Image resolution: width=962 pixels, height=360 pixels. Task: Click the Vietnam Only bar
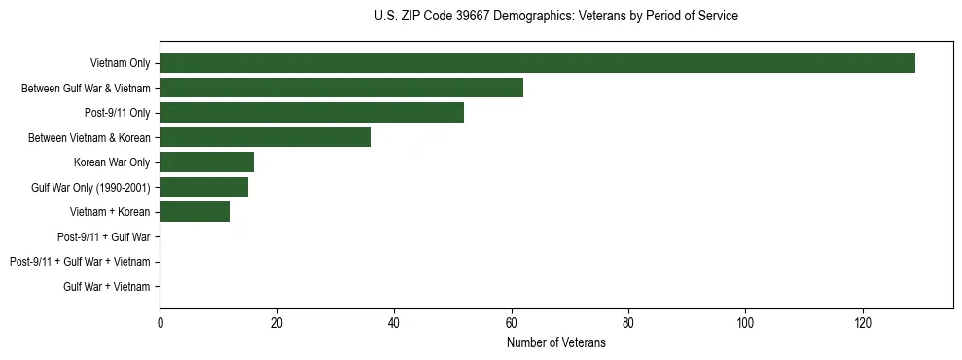click(x=537, y=63)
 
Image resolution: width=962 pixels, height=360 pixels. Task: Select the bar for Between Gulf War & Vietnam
click(x=341, y=88)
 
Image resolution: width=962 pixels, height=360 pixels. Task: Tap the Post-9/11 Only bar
click(x=311, y=113)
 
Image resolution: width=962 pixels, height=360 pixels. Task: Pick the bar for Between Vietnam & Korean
click(x=265, y=137)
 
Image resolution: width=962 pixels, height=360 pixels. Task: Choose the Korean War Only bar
click(x=206, y=162)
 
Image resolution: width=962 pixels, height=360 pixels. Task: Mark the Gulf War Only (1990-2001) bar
click(x=203, y=187)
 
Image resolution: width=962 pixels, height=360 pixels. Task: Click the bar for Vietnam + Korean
click(x=195, y=212)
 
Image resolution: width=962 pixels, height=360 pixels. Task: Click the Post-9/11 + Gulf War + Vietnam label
click(x=80, y=262)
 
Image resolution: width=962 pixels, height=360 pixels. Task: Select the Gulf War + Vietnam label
click(x=106, y=287)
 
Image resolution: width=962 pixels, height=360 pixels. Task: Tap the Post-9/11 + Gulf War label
click(x=103, y=237)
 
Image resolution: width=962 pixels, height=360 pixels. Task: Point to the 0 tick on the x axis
click(x=160, y=324)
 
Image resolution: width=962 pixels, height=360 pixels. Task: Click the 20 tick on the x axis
click(x=276, y=324)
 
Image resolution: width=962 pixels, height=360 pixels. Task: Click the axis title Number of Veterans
click(x=555, y=342)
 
